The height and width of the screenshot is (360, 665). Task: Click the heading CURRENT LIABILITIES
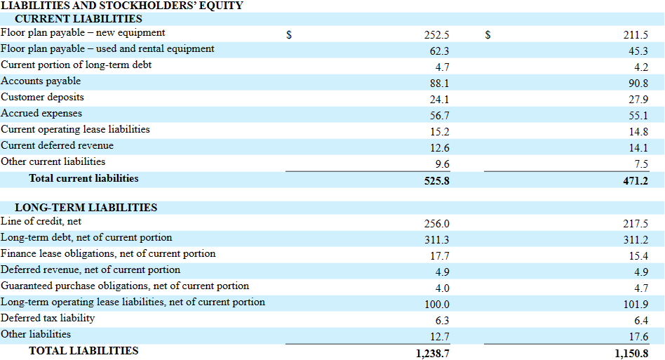coord(79,19)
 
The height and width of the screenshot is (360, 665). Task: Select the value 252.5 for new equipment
coord(436,35)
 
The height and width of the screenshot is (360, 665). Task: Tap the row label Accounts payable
coord(41,81)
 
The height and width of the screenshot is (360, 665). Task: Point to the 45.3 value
coord(638,51)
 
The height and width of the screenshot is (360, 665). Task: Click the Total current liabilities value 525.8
coord(436,181)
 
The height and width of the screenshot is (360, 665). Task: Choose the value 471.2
coord(636,181)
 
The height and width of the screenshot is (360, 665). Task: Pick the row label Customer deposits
coord(42,97)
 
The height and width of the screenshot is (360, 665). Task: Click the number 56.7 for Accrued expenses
coord(439,116)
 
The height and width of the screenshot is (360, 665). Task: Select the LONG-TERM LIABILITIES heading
coord(86,208)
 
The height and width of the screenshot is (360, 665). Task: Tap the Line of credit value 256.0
coord(436,224)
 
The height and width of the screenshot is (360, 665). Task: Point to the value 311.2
coord(636,240)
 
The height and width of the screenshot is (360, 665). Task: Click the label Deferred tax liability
coord(48,319)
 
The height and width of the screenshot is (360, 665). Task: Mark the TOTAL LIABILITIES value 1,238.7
coord(433,354)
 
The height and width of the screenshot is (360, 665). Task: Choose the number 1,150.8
coord(631,354)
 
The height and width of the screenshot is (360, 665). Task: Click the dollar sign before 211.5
coord(488,35)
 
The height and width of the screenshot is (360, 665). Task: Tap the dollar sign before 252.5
coord(289,35)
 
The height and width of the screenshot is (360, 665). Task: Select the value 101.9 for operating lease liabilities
coord(636,305)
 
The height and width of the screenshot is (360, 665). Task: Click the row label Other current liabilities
coord(53,161)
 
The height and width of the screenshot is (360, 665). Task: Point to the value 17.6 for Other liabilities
coord(638,337)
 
